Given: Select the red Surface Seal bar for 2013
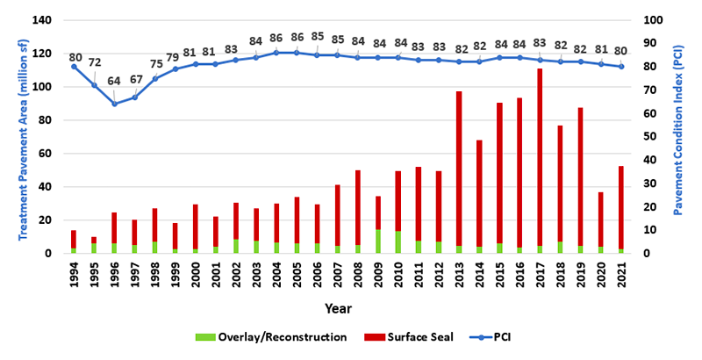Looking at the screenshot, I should pos(458,168).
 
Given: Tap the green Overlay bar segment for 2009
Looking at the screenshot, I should pos(376,241).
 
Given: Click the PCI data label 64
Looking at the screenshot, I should pos(113,81).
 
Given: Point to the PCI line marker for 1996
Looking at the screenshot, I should pos(114,104).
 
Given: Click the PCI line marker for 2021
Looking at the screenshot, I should pos(621,67).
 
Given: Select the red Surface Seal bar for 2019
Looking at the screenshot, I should pos(581,176).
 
